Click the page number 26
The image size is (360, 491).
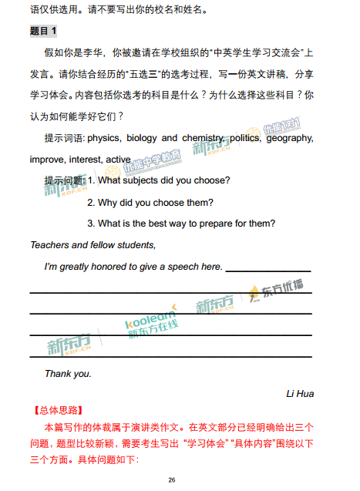click(x=172, y=480)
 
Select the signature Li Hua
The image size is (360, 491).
click(x=299, y=394)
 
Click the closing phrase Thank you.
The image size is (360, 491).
click(x=68, y=374)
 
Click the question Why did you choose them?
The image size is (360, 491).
click(x=150, y=203)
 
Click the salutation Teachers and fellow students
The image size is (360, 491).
click(x=93, y=245)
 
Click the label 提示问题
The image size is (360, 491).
click(x=64, y=181)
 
